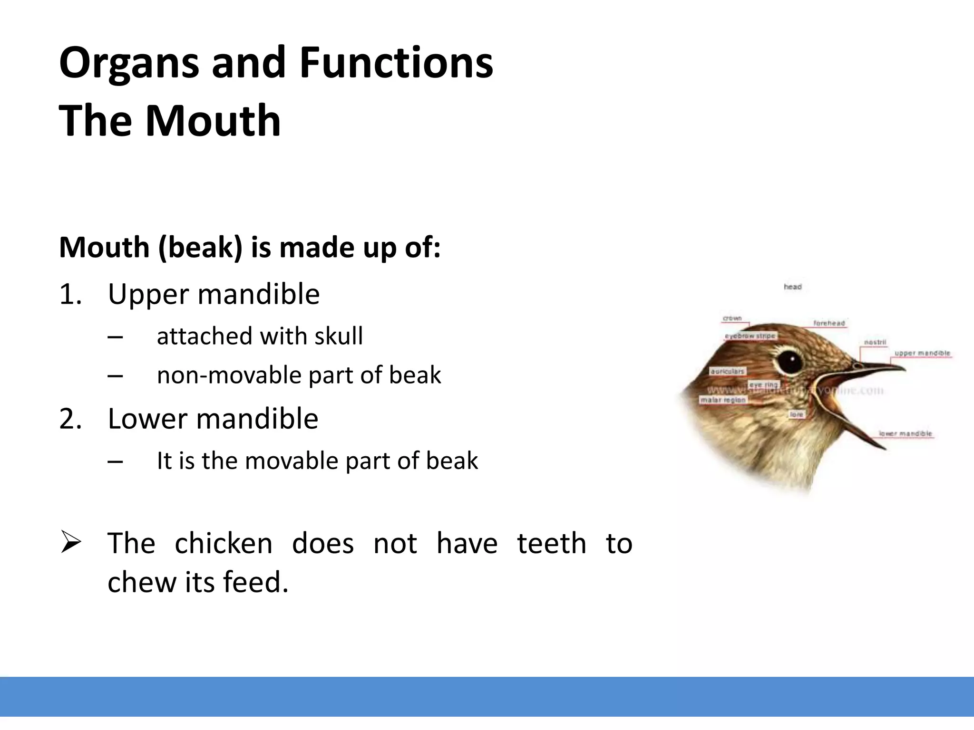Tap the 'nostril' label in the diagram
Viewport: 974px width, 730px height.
tap(875, 342)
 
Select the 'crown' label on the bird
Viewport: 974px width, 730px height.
tap(732, 318)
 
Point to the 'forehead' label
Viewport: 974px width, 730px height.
tap(829, 323)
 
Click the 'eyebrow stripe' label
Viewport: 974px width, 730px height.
tap(750, 336)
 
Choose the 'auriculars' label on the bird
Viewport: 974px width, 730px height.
tap(728, 371)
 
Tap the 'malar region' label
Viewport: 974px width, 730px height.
tap(723, 400)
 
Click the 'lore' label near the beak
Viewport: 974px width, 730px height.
tap(796, 414)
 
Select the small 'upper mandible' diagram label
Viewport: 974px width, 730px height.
tap(922, 353)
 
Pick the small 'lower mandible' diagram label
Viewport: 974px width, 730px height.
tap(906, 433)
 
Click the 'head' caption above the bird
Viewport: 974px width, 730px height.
tap(793, 287)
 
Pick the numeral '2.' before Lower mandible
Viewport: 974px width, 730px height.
tap(70, 419)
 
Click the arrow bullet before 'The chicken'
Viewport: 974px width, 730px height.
tap(71, 543)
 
